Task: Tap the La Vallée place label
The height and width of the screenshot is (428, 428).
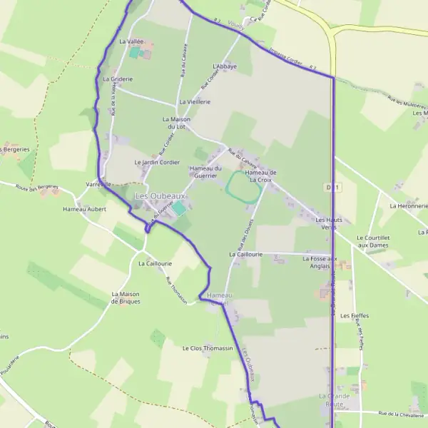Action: pos(131,42)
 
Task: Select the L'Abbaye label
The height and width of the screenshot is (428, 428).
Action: pos(225,66)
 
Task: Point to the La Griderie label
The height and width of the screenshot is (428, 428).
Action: pos(117,79)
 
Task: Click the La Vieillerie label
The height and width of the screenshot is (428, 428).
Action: pos(195,102)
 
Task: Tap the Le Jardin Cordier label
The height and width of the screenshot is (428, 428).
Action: pos(157,162)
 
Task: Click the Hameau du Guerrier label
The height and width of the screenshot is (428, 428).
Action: pos(205,172)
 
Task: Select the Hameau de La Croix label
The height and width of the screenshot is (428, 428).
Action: pos(260,176)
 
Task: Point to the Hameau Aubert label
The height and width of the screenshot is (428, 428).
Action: pos(84,209)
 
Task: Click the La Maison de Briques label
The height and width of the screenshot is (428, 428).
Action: pos(126,297)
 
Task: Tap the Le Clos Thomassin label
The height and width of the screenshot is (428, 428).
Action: pos(208,348)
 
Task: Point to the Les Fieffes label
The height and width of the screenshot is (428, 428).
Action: pos(353,315)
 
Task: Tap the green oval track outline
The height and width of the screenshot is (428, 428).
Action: pos(243,187)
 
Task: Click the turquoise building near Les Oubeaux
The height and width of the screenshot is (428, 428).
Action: pos(181,208)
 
